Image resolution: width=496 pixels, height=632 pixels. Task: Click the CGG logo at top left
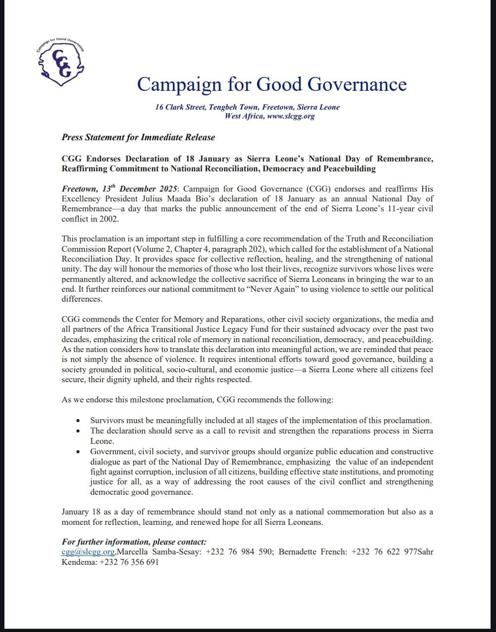pos(61,62)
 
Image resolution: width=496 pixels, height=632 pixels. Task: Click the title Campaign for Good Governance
pos(272,84)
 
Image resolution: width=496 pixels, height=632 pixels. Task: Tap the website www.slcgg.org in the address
pos(290,117)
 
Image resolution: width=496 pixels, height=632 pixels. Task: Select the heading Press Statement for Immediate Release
pos(138,137)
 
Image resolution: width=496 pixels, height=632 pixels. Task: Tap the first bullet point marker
pos(79,421)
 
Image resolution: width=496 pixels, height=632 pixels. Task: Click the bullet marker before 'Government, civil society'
pos(79,452)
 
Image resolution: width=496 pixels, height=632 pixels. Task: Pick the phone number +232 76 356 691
pos(129,562)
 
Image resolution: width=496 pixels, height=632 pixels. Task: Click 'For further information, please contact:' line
pos(134,542)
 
